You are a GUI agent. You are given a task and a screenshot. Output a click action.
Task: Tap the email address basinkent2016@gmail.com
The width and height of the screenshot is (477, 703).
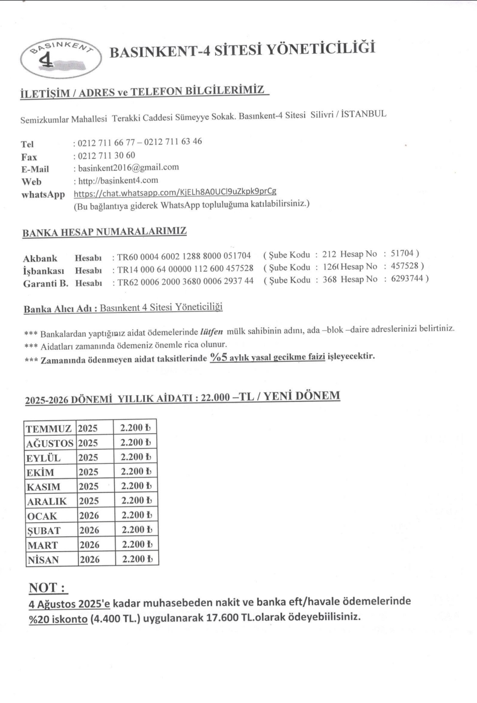click(x=128, y=167)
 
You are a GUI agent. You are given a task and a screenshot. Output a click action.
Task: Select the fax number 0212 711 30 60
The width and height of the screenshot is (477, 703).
click(x=106, y=155)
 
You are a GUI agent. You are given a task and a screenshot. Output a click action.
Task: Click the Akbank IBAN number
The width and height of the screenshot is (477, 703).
click(x=184, y=256)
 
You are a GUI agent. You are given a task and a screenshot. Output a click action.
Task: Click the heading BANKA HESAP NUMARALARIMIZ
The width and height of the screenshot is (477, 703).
click(x=105, y=232)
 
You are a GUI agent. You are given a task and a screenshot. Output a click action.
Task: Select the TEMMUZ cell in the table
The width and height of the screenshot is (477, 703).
click(x=49, y=429)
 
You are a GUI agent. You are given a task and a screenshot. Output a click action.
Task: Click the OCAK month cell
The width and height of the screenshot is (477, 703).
click(x=43, y=516)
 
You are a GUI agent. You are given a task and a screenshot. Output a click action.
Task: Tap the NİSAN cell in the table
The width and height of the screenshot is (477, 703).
click(x=43, y=560)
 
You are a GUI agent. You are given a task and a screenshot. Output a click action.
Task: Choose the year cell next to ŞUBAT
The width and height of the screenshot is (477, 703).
click(x=89, y=530)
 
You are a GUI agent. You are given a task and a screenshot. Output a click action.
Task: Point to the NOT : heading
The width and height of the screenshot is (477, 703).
click(x=48, y=587)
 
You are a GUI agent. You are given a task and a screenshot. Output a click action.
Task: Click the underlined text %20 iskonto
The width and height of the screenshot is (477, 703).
click(x=58, y=619)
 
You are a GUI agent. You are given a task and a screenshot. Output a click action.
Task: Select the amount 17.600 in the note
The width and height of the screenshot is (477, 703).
click(x=222, y=617)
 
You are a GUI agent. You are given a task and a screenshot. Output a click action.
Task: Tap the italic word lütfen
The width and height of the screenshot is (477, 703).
click(x=211, y=332)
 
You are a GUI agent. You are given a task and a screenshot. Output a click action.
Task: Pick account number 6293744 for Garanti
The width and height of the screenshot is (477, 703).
click(x=407, y=278)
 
